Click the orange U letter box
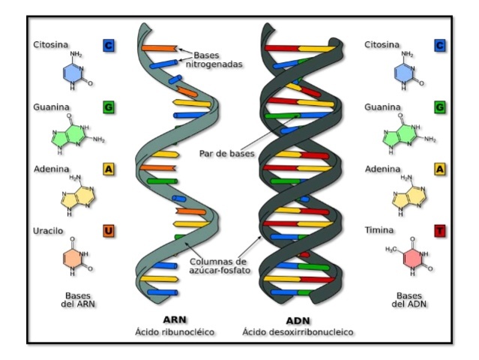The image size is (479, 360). tap(109, 230)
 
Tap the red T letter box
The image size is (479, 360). tap(439, 230)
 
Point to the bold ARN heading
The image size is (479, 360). tap(174, 319)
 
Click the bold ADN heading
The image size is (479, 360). tap(298, 319)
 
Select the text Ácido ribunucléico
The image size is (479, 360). tap(174, 331)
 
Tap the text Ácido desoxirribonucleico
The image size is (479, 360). tap(298, 331)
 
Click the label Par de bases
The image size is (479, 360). tap(227, 154)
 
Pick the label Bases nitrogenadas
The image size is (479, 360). tap(217, 60)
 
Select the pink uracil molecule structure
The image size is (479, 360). tap(77, 258)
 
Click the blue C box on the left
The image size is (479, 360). tap(109, 46)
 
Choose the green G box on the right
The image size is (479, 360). tap(439, 107)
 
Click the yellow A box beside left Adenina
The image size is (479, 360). tap(109, 169)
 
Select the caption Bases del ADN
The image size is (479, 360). tap(409, 299)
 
